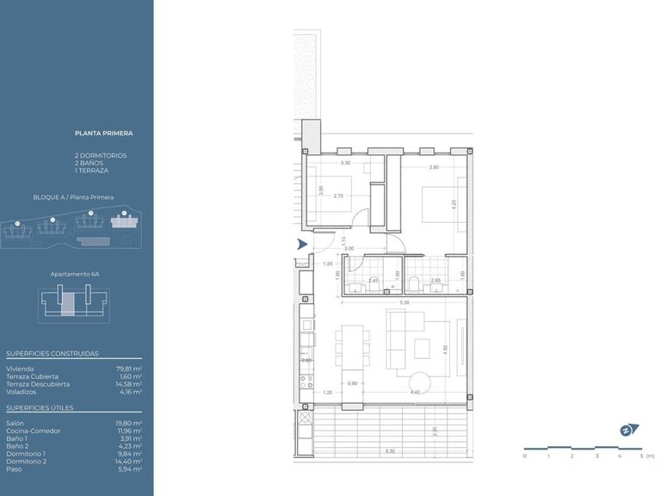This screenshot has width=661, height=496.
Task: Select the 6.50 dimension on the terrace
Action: tap(390, 451)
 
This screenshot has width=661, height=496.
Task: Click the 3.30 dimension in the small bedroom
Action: tap(345, 163)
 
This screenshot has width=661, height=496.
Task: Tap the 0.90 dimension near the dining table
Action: tap(351, 383)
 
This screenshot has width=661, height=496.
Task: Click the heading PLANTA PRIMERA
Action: tap(104, 134)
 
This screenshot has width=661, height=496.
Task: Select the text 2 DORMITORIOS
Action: tap(101, 155)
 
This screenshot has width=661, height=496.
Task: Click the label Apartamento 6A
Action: tap(76, 273)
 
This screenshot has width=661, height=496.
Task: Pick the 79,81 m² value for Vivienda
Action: tap(129, 369)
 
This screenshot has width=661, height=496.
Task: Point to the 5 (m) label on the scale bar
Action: tap(646, 456)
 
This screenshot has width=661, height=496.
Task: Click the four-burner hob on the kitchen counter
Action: tap(304, 380)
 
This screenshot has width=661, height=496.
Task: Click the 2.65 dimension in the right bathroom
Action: tap(436, 281)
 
